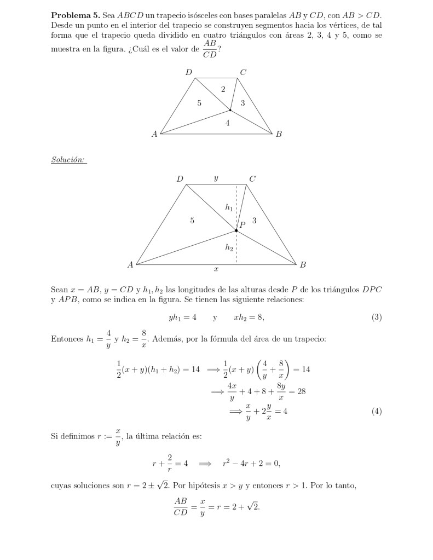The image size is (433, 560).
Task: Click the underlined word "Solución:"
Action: pyautogui.click(x=68, y=160)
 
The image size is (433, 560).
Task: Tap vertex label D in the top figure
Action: pyautogui.click(x=188, y=72)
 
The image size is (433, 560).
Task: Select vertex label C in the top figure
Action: pyautogui.click(x=243, y=72)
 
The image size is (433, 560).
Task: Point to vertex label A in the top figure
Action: pyautogui.click(x=155, y=134)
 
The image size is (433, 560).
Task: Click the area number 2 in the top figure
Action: pyautogui.click(x=222, y=89)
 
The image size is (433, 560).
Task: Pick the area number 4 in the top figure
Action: pyautogui.click(x=227, y=123)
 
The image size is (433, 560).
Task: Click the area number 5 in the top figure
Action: pyautogui.click(x=199, y=102)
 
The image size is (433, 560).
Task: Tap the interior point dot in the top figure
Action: pyautogui.click(x=230, y=110)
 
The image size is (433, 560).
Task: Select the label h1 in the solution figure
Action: pyautogui.click(x=229, y=207)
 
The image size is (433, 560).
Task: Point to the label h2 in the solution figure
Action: pyautogui.click(x=229, y=247)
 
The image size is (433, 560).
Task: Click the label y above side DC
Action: pyautogui.click(x=216, y=178)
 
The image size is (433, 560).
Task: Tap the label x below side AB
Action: pyautogui.click(x=216, y=270)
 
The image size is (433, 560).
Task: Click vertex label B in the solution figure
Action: pyautogui.click(x=303, y=265)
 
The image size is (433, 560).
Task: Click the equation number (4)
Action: pyautogui.click(x=376, y=412)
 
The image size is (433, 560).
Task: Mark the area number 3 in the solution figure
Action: pyautogui.click(x=255, y=221)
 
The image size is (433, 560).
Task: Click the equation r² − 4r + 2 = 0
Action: pyautogui.click(x=251, y=463)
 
